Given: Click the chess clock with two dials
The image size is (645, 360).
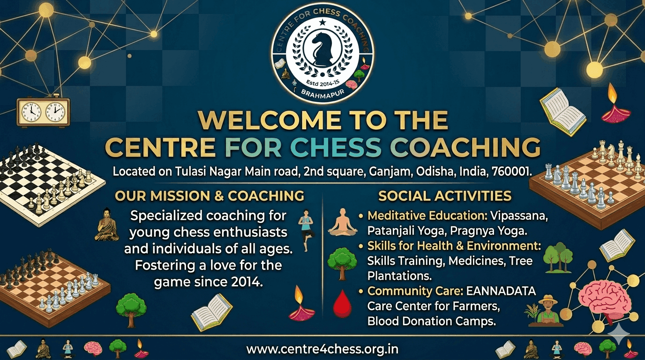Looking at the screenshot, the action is pyautogui.click(x=44, y=112).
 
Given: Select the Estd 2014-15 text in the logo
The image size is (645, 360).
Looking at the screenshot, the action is pyautogui.click(x=323, y=83).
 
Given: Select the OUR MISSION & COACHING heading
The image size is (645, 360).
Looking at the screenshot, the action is pyautogui.click(x=210, y=196).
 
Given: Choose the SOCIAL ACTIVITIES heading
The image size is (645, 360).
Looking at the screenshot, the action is pyautogui.click(x=444, y=196).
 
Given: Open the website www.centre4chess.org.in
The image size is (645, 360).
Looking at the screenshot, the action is pyautogui.click(x=322, y=349).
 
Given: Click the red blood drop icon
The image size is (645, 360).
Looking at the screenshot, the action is pyautogui.click(x=342, y=304).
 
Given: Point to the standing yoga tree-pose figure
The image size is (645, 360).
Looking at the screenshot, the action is pyautogui.click(x=306, y=231).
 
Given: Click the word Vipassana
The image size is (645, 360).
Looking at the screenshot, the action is pyautogui.click(x=519, y=216).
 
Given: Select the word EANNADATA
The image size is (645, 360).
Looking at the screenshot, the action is pyautogui.click(x=501, y=291).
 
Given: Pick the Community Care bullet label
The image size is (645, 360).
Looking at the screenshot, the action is pyautogui.click(x=415, y=291).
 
